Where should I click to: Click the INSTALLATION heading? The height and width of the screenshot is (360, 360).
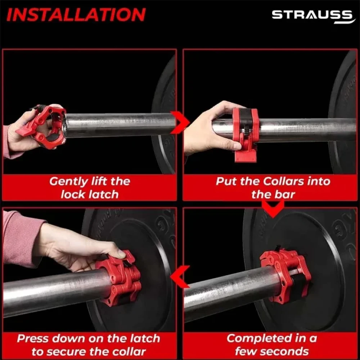(x=76, y=15)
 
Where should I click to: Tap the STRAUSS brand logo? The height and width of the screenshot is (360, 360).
(x=313, y=16)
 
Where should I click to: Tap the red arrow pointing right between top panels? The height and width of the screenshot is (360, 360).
(x=180, y=123)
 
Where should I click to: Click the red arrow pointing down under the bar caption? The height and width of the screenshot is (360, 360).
(x=273, y=208)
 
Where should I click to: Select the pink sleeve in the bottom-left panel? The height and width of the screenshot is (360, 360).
(x=21, y=239)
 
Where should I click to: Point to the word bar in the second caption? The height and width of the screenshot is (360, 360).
(x=284, y=194)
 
